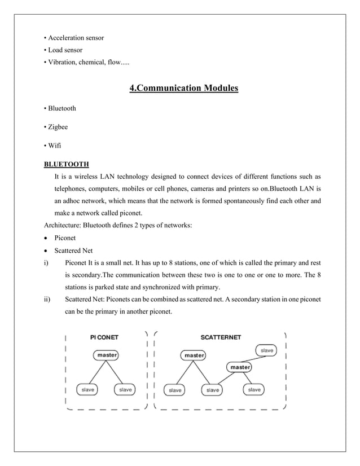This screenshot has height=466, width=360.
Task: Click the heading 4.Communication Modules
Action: pos(184,89)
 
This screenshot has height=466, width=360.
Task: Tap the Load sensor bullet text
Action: pos(64,50)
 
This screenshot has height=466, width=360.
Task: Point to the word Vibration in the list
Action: pos(62,62)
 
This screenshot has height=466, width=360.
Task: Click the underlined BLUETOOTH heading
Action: pos(66,164)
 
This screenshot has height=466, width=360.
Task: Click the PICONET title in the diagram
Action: pos(104,337)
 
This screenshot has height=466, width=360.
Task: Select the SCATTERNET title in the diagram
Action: pos(221,337)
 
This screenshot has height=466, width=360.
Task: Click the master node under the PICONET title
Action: pos(108,355)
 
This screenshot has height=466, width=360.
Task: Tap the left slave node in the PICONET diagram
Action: pos(87,389)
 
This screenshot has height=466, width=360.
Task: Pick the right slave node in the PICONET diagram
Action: pos(125,389)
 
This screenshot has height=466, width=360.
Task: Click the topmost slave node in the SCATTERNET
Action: pos(267,350)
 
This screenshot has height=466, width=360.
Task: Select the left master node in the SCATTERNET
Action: pos(194,355)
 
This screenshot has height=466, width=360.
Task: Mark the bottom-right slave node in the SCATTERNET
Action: pos(254,389)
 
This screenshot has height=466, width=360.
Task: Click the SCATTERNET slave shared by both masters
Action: pos(213,389)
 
